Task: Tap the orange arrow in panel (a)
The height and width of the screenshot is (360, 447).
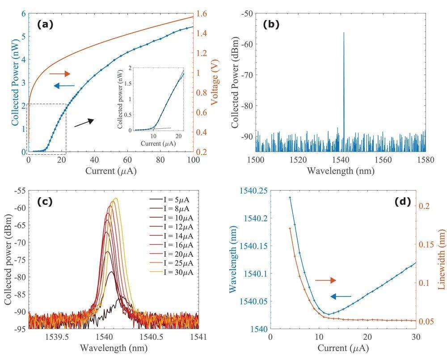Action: click(60, 73)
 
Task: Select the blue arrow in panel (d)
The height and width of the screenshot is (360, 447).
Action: click(341, 296)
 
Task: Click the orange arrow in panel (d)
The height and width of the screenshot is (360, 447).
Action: click(325, 280)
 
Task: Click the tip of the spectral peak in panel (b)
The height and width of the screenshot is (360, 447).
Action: click(344, 32)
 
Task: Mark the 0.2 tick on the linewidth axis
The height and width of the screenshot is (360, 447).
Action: click(425, 206)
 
